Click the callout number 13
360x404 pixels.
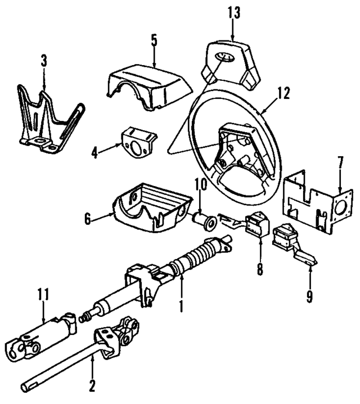tap(232, 11)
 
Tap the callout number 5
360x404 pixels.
tap(154, 41)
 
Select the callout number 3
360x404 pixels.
tap(44, 60)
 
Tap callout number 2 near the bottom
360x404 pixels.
tap(92, 387)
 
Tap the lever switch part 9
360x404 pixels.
tap(290, 242)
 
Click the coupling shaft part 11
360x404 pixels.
tap(45, 335)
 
